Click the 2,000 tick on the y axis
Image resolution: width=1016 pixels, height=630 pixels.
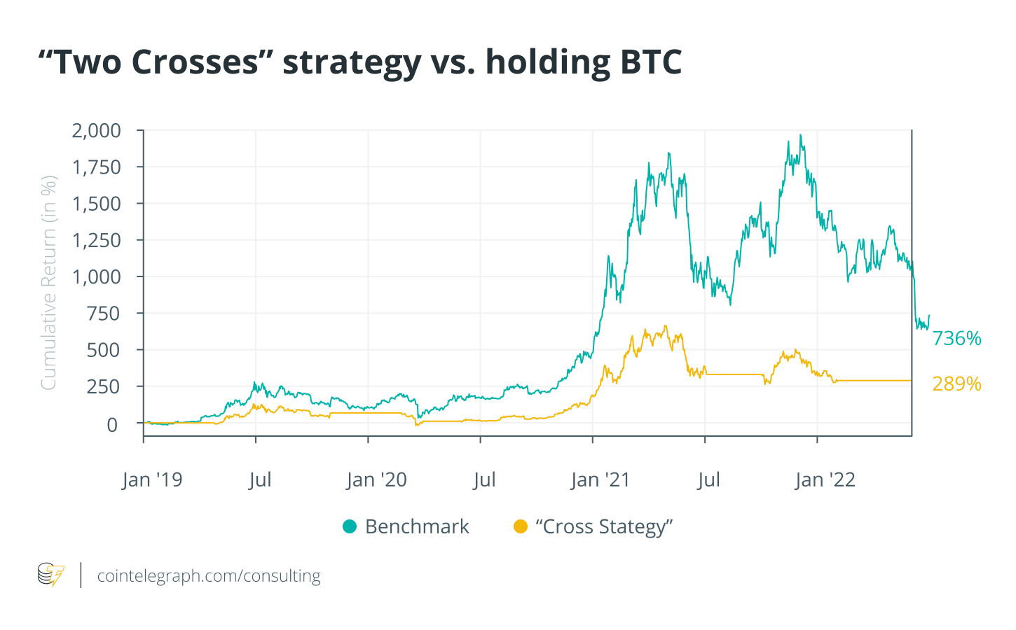97,131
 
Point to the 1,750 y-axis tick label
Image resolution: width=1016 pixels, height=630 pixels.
97,167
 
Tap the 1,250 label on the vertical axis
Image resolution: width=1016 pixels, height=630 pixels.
97,240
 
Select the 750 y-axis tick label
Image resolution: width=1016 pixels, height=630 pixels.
104,314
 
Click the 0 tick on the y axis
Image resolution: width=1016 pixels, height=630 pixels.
112,424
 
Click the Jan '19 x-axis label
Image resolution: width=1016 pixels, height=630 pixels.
152,480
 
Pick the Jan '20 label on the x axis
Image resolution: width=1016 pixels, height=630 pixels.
376,480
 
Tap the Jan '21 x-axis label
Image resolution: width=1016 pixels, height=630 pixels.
600,480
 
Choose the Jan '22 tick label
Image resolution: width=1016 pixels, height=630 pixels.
825,480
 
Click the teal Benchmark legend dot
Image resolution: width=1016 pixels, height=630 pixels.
350,526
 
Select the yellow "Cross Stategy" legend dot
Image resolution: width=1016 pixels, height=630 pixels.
520,526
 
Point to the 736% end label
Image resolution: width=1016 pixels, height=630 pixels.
956,339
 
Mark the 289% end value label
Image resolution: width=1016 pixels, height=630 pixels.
956,384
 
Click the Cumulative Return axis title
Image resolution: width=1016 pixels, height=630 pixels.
48,283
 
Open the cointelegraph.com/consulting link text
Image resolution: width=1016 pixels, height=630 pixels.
209,576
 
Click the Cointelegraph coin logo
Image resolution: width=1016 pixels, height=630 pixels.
50,575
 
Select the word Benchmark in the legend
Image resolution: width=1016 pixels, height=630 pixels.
417,526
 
